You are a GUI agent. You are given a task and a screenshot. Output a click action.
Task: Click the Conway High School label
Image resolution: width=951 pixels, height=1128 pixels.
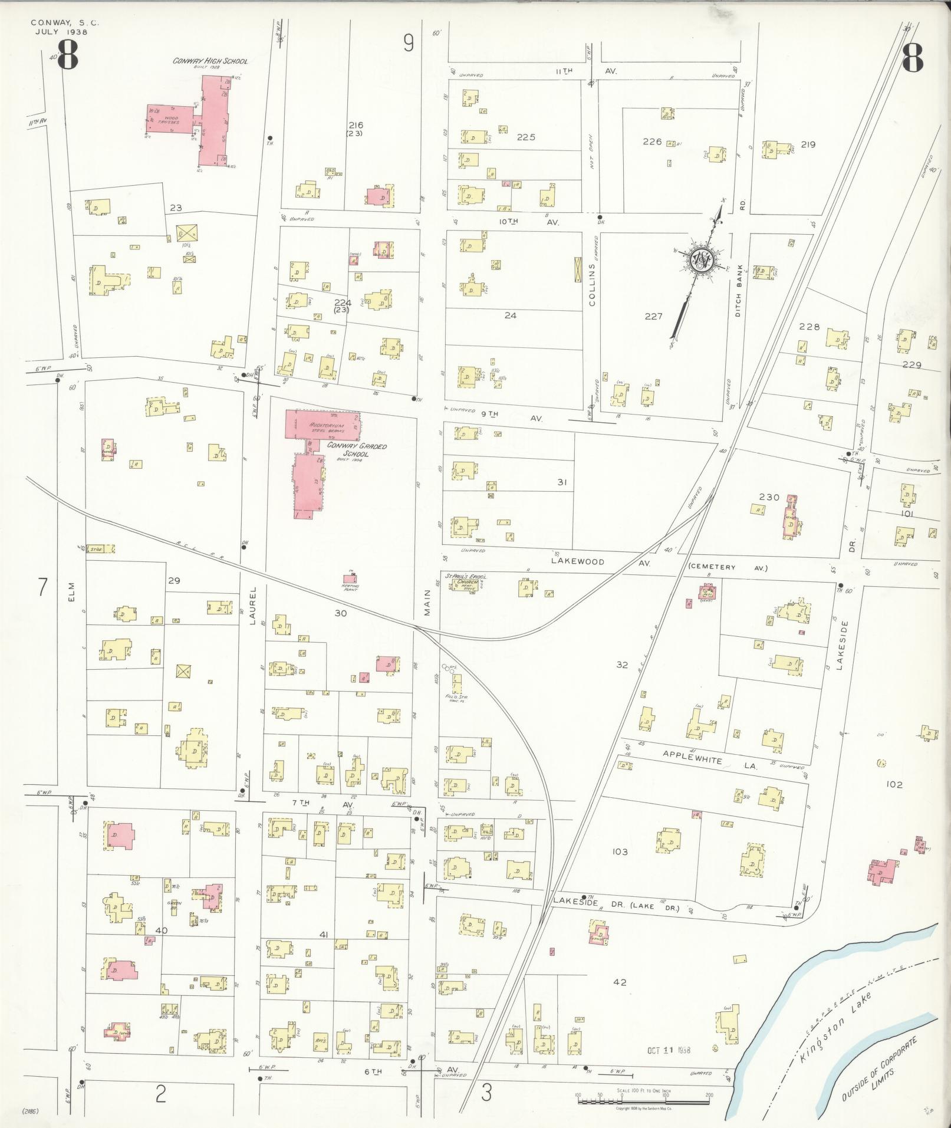pos(210,61)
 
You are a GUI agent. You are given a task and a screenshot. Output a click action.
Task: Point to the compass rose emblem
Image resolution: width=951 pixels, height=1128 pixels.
pos(702,258)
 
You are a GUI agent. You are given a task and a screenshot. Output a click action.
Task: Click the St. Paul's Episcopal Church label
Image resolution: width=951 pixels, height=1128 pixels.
pos(469,580)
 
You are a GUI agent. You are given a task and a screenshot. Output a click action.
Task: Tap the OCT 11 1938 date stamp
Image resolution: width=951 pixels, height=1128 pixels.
pos(668,1050)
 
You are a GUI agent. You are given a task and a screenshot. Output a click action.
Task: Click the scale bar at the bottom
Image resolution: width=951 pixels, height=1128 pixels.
pos(643,1096)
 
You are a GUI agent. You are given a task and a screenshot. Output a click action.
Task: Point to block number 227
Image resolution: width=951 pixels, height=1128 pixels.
pos(653,316)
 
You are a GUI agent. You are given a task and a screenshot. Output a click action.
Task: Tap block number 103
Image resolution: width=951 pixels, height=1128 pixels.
pos(620,852)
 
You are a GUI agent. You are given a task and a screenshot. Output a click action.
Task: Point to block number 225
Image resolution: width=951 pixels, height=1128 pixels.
pos(526,137)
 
